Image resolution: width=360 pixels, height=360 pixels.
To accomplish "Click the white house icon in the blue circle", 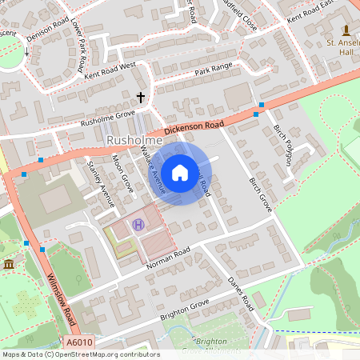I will point(180,172).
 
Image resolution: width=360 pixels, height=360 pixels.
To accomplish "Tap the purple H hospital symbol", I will point(138,225).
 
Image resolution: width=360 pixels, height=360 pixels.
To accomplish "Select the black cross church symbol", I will point(142,98).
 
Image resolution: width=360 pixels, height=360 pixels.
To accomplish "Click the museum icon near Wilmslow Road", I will point(9,264).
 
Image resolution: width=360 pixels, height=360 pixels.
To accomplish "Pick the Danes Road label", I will point(241,294).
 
